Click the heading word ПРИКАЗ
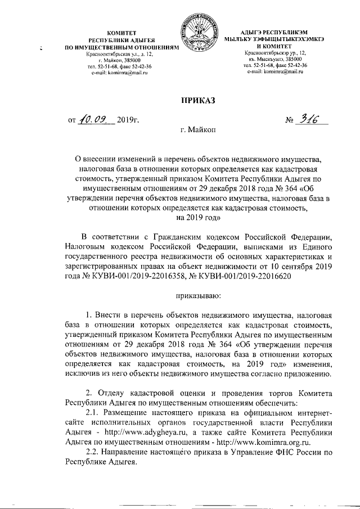click(197, 101)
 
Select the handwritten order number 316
click(310, 119)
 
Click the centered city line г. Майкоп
click(197, 130)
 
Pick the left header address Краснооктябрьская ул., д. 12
click(118, 54)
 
